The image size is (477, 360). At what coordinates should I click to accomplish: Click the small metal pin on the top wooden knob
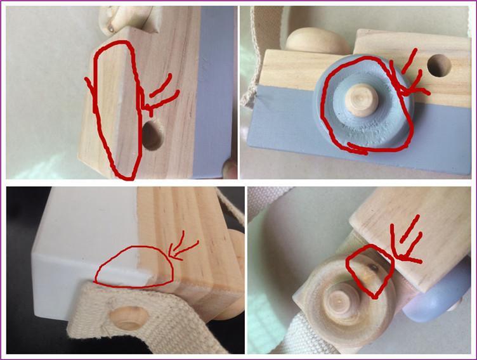tap(110, 27)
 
